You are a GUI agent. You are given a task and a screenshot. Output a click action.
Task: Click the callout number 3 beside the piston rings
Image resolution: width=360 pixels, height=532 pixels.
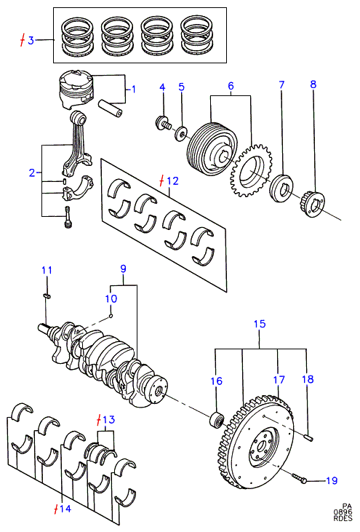click(31, 41)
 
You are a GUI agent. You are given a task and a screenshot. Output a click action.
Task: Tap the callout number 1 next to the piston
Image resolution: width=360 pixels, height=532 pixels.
click(134, 90)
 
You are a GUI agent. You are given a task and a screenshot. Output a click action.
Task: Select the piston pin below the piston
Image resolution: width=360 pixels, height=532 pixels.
click(110, 107)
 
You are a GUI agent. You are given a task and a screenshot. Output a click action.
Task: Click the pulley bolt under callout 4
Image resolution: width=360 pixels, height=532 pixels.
click(164, 123)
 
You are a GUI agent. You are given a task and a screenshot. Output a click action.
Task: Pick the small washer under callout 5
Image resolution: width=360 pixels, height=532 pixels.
click(180, 133)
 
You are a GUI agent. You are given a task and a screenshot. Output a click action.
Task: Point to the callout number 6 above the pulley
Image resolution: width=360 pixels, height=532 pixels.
click(231, 85)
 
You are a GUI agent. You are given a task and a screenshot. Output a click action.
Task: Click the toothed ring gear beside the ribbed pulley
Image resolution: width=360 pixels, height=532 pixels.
click(250, 170)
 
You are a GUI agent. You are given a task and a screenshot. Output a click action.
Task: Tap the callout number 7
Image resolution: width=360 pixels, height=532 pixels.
click(281, 84)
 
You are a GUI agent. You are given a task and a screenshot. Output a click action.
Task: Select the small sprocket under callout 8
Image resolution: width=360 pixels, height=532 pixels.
click(312, 205)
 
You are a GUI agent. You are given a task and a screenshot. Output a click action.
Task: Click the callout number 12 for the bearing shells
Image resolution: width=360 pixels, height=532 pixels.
click(172, 180)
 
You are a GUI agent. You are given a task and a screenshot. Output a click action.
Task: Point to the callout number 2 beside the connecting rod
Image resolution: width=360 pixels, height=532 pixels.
click(32, 172)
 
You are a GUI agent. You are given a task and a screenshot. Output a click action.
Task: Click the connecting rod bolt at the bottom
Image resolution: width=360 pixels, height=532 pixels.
click(68, 217)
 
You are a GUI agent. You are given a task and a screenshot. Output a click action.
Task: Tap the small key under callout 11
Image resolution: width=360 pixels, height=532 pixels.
click(47, 296)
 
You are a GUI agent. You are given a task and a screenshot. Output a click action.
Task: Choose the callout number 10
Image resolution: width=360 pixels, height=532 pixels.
click(111, 298)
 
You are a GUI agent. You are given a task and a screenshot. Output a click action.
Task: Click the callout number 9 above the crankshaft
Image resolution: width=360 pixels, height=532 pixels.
click(123, 269)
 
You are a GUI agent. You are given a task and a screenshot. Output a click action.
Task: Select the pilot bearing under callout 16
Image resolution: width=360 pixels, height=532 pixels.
click(216, 421)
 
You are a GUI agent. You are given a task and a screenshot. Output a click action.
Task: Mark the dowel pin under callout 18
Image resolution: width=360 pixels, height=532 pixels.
click(308, 438)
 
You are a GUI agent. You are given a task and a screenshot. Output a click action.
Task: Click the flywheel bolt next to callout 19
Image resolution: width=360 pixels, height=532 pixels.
click(300, 478)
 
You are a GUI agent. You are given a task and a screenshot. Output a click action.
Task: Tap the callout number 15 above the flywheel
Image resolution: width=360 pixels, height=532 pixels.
click(260, 324)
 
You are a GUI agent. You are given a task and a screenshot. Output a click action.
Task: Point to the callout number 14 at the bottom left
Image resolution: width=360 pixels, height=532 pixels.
click(65, 509)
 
